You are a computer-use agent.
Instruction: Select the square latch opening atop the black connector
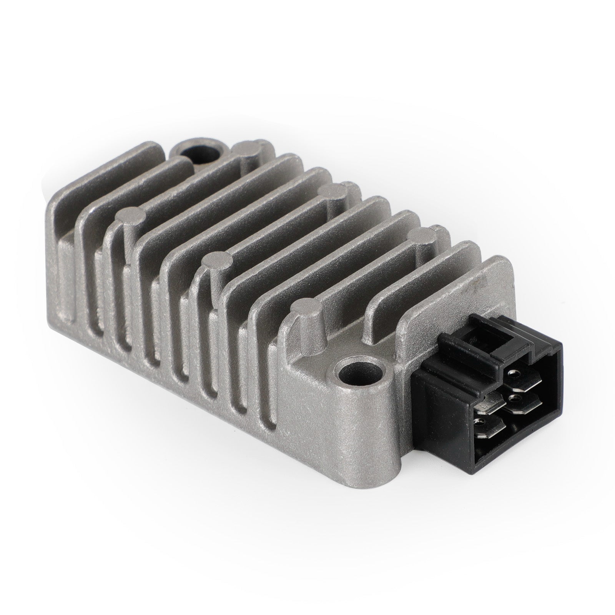point(471,339)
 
